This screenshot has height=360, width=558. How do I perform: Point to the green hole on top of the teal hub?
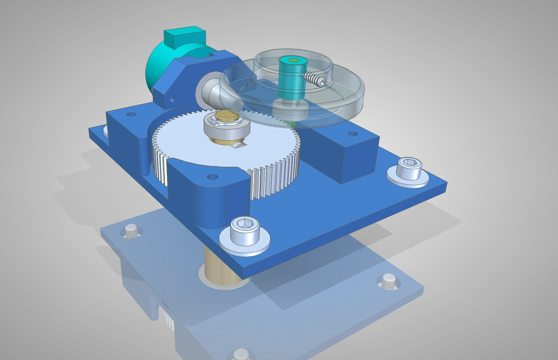click(x=292, y=60)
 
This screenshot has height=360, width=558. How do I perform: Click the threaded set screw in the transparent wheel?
click(x=314, y=80)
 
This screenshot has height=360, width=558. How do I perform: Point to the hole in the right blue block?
click(x=352, y=134)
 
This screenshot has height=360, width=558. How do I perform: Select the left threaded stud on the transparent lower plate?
click(x=130, y=233)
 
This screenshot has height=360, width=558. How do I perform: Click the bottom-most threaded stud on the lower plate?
click(x=241, y=354)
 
